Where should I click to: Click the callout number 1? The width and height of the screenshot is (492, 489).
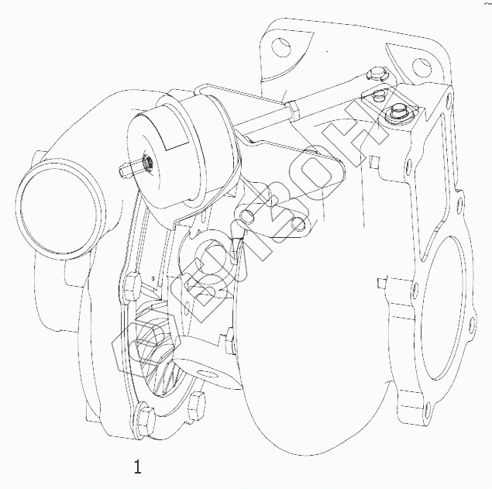(x=137, y=467)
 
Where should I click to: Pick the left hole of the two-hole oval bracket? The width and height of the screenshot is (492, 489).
(x=247, y=215)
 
